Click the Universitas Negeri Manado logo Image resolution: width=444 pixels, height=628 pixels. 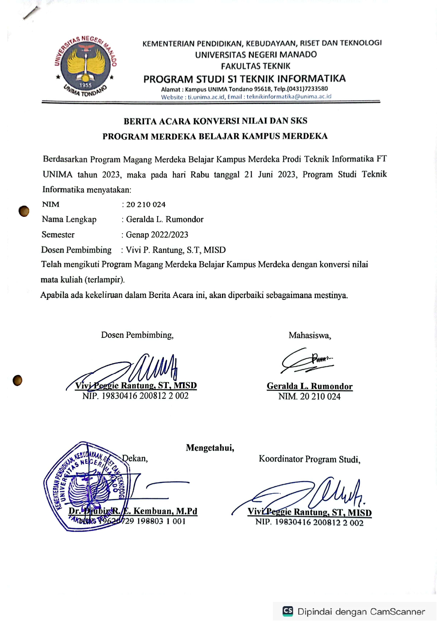pyautogui.click(x=86, y=67)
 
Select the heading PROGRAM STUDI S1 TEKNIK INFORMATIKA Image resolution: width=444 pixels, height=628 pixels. pyautogui.click(x=245, y=79)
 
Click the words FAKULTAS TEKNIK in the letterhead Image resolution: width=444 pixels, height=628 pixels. pyautogui.click(x=255, y=66)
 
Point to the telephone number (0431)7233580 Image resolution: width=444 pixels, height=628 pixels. pyautogui.click(x=307, y=89)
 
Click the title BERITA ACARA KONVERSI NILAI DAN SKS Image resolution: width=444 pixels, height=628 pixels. pyautogui.click(x=215, y=121)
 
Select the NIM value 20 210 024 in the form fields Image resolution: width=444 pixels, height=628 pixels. pyautogui.click(x=146, y=204)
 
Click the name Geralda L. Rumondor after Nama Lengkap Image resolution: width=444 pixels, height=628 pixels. pyautogui.click(x=165, y=219)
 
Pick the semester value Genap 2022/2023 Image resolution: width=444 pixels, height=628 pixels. pyautogui.click(x=157, y=235)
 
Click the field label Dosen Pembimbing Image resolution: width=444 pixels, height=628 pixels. pyautogui.click(x=76, y=250)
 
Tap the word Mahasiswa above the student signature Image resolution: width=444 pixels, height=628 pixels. pyautogui.click(x=309, y=335)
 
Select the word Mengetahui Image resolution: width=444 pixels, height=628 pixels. pyautogui.click(x=210, y=448)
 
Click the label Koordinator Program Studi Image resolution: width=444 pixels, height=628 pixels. pyautogui.click(x=309, y=459)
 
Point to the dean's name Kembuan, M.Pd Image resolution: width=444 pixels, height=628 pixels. pyautogui.click(x=165, y=511)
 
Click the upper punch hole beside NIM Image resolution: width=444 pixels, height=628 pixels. pyautogui.click(x=24, y=211)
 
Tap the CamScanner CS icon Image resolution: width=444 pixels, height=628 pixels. pyautogui.click(x=288, y=611)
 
